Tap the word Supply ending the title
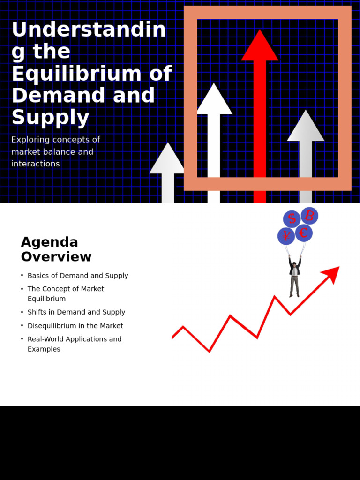point(50,117)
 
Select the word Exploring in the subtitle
point(30,140)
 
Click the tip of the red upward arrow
point(260,32)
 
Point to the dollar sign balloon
point(292,218)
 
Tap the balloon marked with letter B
point(309,216)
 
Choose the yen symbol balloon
point(286,236)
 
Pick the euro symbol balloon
point(304,233)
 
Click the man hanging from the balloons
point(294,277)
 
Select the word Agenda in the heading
point(49,242)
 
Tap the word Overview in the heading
point(56,257)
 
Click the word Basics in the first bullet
point(38,276)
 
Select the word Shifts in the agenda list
point(37,312)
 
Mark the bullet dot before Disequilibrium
point(22,325)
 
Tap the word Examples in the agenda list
point(44,349)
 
